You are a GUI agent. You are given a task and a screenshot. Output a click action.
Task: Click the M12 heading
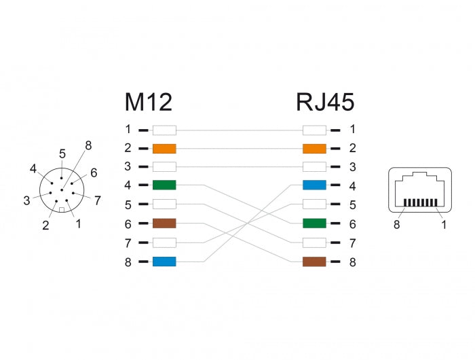click(x=148, y=102)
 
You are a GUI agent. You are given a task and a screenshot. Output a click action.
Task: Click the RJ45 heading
click(x=325, y=102)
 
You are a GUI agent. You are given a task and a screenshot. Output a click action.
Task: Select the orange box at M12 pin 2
click(x=164, y=148)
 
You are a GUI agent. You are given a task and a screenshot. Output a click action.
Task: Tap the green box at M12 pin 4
click(x=164, y=185)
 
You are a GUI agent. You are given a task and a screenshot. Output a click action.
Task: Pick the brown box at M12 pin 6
click(x=164, y=223)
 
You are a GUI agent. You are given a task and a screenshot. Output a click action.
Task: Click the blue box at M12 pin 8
click(x=164, y=261)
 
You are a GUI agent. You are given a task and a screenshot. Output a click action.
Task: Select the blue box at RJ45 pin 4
click(x=314, y=185)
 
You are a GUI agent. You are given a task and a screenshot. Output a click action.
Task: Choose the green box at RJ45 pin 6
click(x=314, y=223)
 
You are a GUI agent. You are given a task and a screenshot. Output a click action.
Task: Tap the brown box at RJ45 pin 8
click(x=314, y=261)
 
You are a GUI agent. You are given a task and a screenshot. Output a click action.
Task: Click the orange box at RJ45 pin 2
click(x=314, y=148)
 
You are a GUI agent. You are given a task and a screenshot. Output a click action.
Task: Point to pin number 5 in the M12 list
click(x=128, y=204)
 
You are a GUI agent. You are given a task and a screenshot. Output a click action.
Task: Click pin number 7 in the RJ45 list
click(x=352, y=242)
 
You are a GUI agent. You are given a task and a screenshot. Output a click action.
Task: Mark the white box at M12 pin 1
click(x=164, y=129)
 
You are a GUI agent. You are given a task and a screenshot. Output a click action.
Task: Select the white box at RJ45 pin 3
click(x=314, y=166)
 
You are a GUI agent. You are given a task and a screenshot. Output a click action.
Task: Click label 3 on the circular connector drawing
click(x=26, y=200)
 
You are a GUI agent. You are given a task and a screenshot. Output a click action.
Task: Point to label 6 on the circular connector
click(x=94, y=173)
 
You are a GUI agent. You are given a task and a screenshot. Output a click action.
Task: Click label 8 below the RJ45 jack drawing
click(x=396, y=224)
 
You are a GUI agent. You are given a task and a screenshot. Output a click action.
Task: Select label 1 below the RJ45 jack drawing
click(x=444, y=224)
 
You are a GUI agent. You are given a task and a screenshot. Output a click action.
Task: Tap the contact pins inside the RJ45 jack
click(x=419, y=202)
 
